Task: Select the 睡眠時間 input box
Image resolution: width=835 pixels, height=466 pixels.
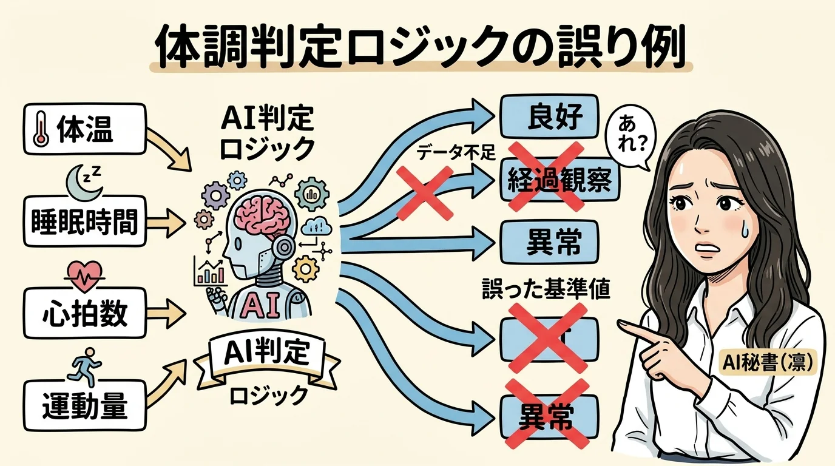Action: click(84, 222)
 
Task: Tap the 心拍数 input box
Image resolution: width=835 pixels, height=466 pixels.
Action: click(84, 313)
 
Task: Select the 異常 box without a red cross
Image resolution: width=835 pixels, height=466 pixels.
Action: click(549, 241)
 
